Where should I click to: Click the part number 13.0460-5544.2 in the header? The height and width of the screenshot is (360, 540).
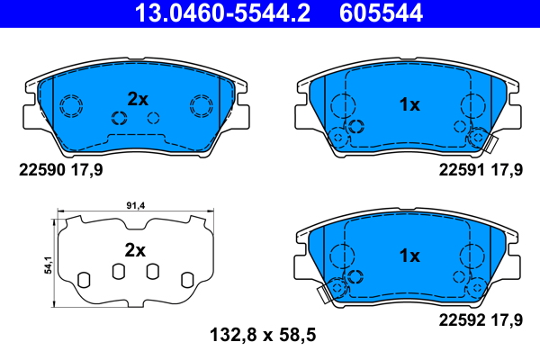coord(222,13)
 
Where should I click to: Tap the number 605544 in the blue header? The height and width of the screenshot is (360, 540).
coord(381,13)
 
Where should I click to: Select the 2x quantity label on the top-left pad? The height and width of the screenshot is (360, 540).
coord(138,99)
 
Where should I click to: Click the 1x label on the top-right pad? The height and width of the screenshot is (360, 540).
coord(409,104)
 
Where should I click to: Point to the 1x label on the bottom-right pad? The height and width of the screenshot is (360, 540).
coord(409,256)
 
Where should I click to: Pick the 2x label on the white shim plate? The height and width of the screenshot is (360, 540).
coord(135,250)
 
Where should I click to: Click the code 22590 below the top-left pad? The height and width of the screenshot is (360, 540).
coord(42,170)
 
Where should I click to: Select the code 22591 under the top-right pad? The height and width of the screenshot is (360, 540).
coord(462,170)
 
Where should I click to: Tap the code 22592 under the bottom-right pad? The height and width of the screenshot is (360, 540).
coord(462,320)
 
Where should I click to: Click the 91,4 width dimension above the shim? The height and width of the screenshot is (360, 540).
coord(136,206)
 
